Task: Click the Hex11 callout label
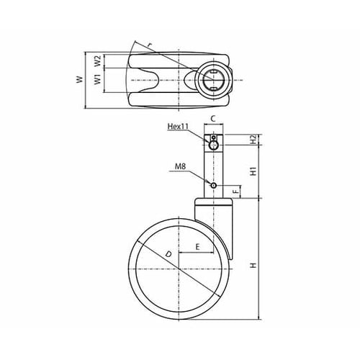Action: (x=178, y=126)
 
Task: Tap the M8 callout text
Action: (x=180, y=166)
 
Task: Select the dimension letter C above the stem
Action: (x=213, y=119)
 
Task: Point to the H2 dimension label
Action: (x=253, y=139)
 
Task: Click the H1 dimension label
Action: (x=253, y=171)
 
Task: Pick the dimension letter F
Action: (x=237, y=192)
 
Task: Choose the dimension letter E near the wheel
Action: (x=197, y=247)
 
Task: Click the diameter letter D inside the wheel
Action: (x=168, y=254)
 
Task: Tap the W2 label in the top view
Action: (x=97, y=61)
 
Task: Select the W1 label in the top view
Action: (x=97, y=79)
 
